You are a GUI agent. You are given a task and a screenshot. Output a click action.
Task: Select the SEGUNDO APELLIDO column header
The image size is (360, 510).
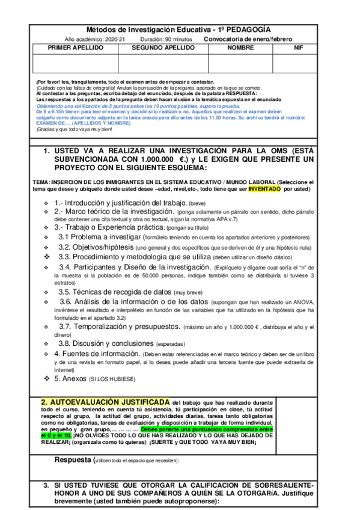pos(163,48)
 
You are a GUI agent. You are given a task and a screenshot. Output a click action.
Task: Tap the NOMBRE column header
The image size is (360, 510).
pos(240,48)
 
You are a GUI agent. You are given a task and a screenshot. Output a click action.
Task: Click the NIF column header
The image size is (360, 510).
pos(299,48)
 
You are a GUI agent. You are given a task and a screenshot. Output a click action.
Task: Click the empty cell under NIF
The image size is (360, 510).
pos(299,63)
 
